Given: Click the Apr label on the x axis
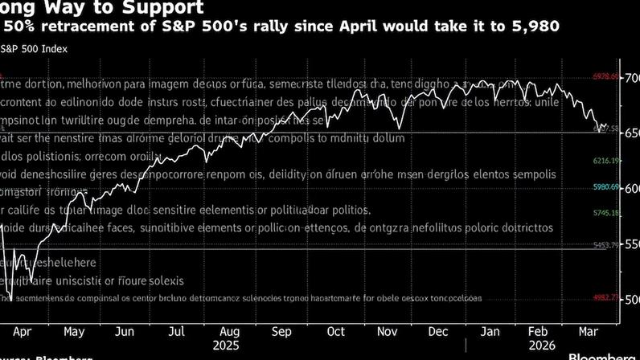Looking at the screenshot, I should click(23, 331).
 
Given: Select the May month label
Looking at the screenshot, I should click(73, 331).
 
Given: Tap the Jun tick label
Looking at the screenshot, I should click(125, 331).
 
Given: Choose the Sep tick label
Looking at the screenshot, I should click(281, 331).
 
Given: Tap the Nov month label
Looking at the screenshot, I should click(388, 331).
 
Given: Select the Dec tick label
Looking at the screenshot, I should click(438, 331).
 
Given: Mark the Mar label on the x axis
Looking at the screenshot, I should click(589, 331).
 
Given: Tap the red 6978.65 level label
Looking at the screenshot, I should click(605, 77).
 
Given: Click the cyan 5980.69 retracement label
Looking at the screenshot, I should click(605, 187).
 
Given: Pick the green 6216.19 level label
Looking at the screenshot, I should click(605, 162).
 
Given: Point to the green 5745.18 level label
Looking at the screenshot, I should click(605, 213).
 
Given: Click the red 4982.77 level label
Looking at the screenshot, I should click(605, 297).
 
